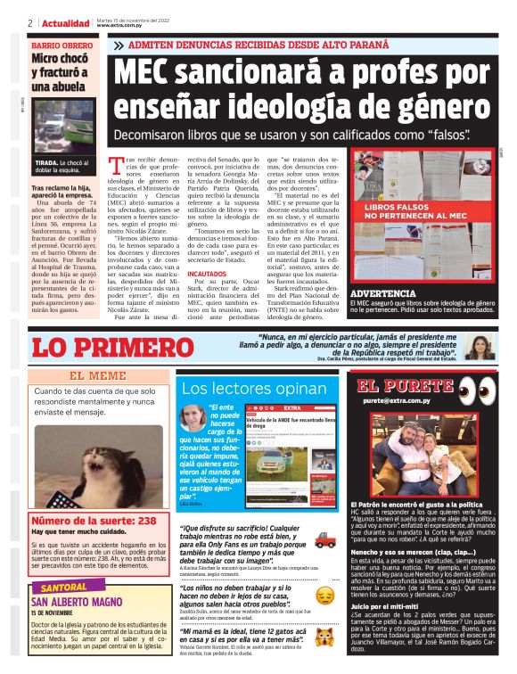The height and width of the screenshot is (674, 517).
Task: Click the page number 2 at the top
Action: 30,22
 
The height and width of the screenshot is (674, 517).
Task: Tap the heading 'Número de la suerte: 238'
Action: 94,520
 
